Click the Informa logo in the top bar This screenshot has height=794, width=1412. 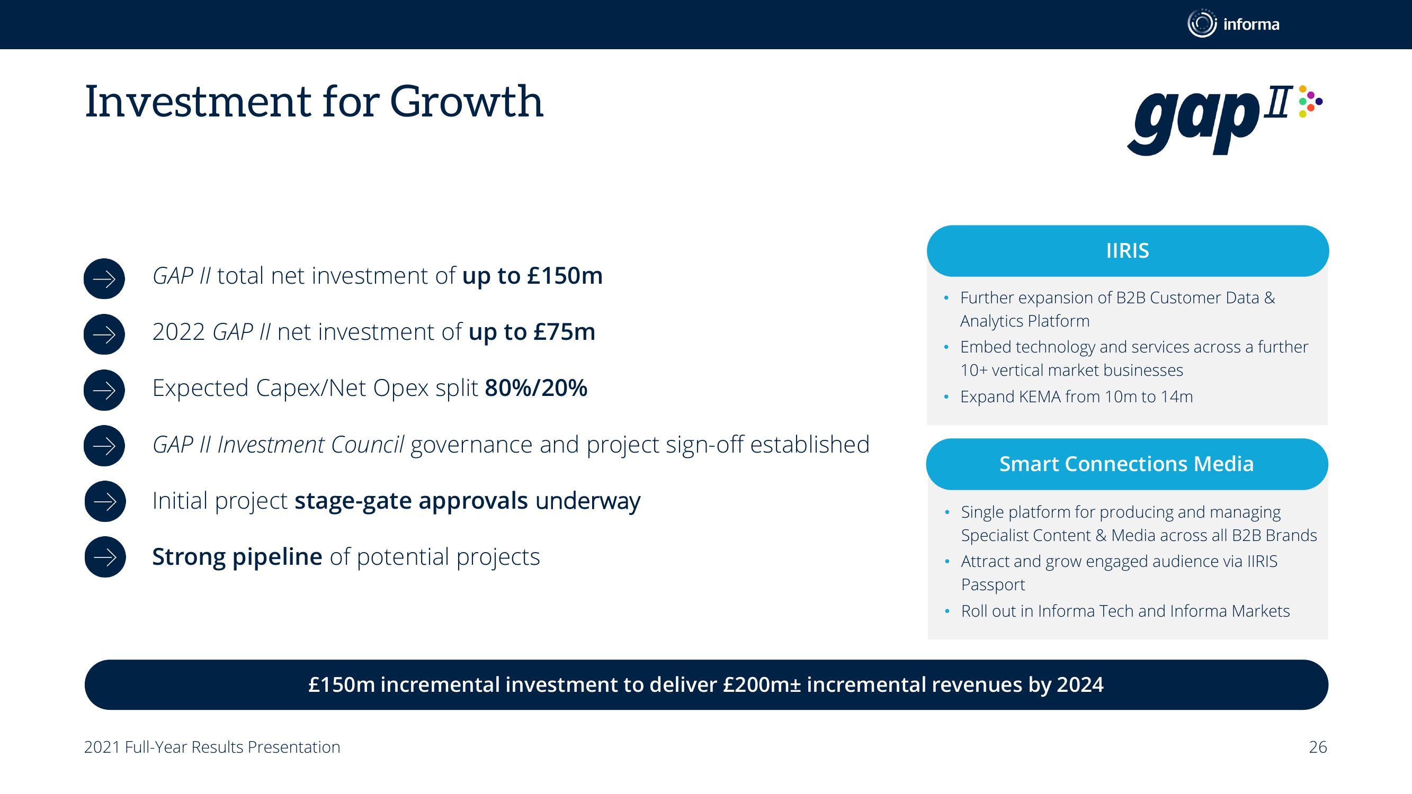tap(1234, 24)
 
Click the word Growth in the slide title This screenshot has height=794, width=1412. tap(467, 102)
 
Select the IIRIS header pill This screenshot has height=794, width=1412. tap(1128, 251)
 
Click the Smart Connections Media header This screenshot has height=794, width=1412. tap(1127, 464)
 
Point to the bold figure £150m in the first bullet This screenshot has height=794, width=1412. tap(565, 276)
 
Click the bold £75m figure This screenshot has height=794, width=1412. tap(564, 332)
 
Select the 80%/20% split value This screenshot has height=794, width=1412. tap(536, 388)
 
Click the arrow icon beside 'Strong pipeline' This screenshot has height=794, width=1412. tap(105, 557)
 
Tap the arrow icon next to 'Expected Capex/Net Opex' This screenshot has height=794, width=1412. tap(104, 390)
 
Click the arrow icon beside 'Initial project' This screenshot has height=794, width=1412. tap(105, 501)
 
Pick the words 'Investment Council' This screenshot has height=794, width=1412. tap(311, 445)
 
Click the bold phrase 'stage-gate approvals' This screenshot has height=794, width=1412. tap(411, 501)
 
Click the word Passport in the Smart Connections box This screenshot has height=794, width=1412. tap(993, 585)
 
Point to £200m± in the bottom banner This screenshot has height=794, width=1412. tap(762, 685)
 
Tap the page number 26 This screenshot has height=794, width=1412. tap(1318, 747)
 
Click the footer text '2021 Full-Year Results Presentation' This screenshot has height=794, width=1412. tap(212, 747)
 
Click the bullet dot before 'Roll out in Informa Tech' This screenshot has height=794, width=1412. tap(947, 611)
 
